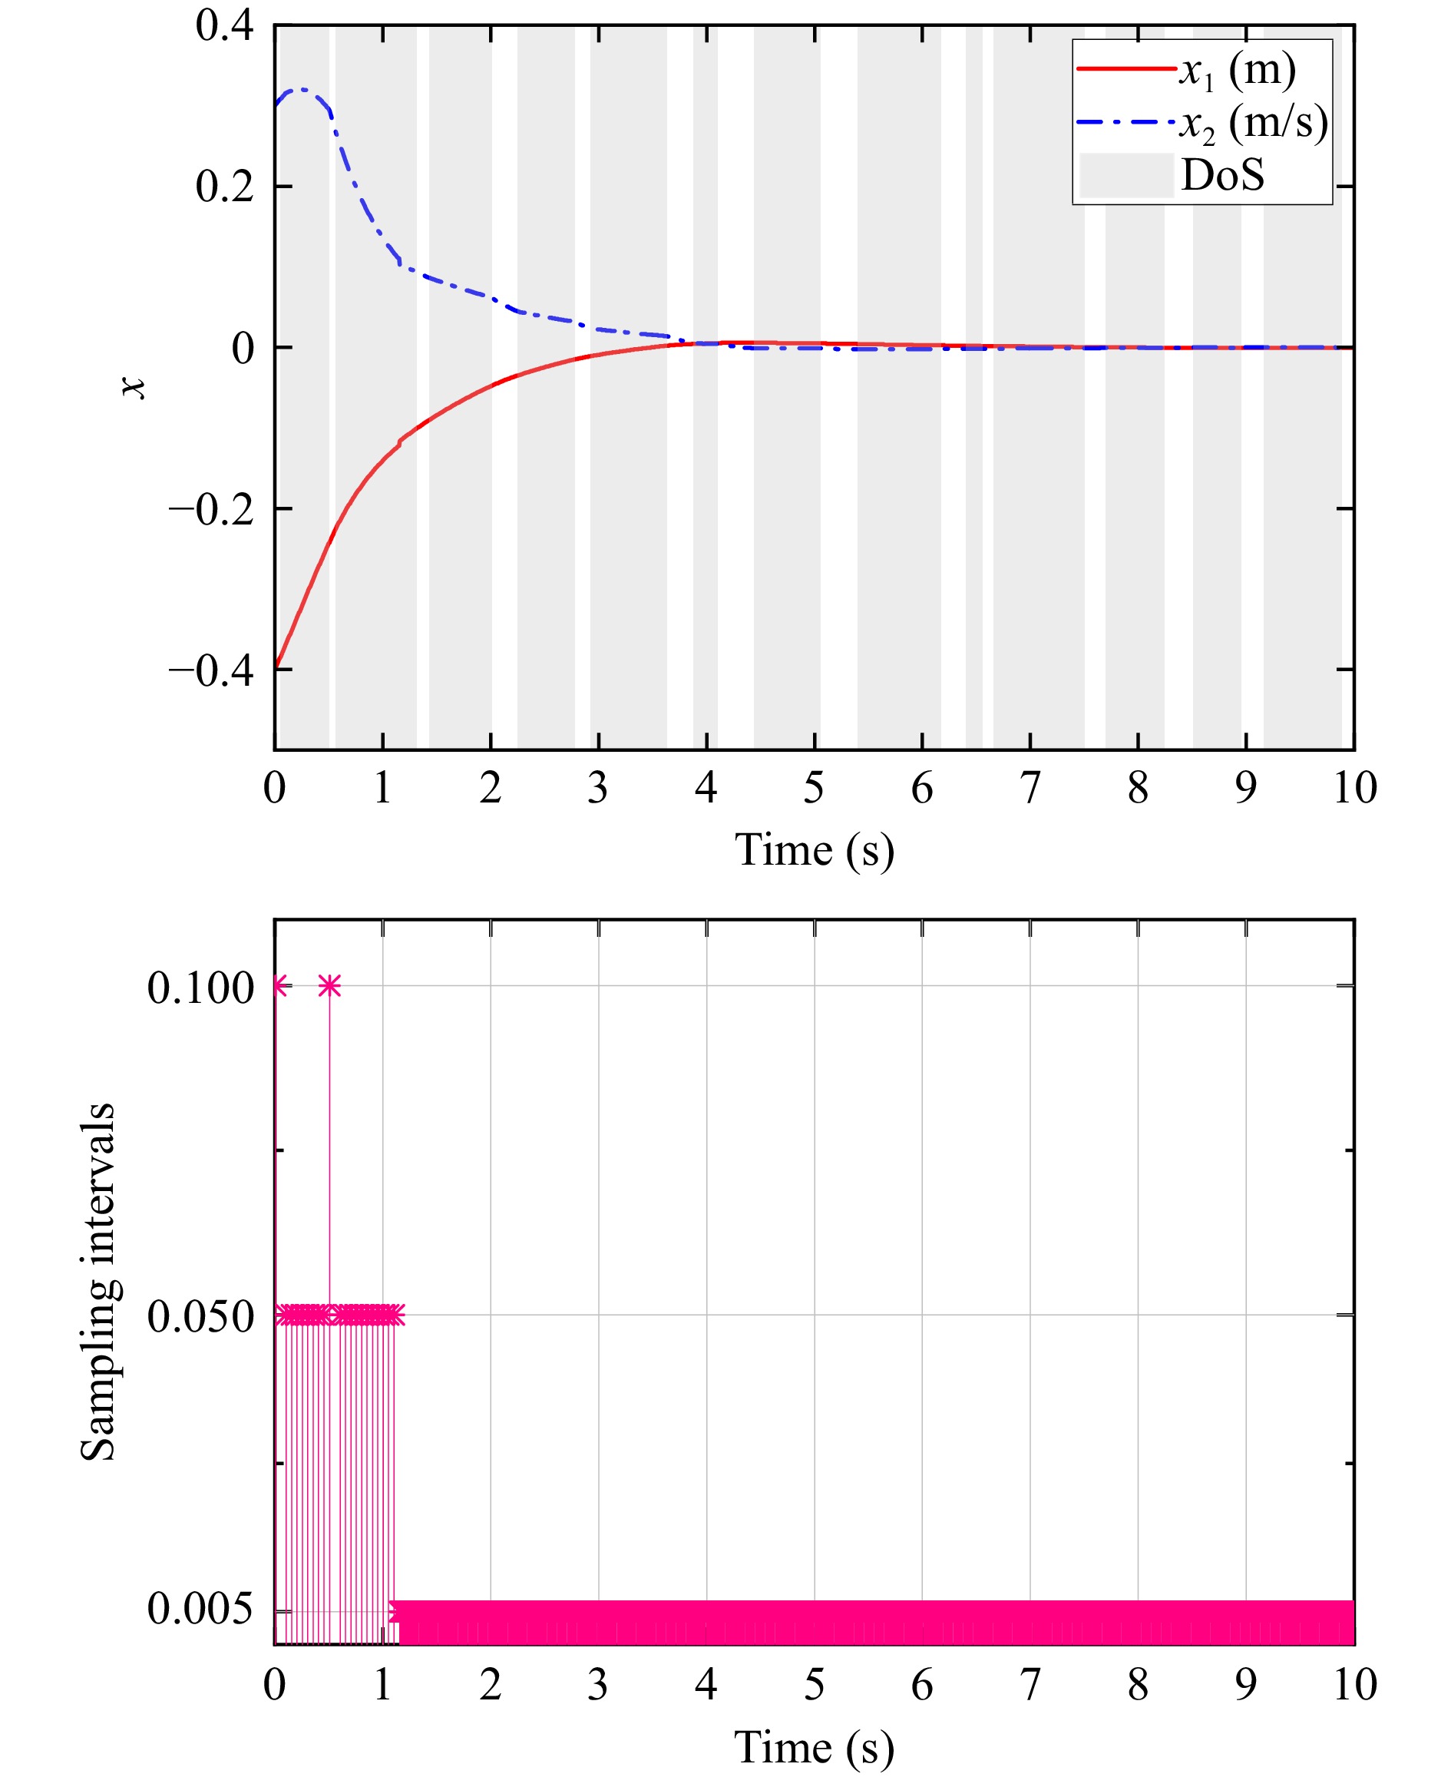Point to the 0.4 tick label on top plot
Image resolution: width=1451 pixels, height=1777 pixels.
point(225,26)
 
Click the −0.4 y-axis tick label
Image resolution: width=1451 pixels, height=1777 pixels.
point(211,670)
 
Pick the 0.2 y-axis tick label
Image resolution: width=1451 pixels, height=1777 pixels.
point(225,187)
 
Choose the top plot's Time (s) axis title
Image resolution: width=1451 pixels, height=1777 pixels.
point(814,850)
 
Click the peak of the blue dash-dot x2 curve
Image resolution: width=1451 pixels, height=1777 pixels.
point(301,89)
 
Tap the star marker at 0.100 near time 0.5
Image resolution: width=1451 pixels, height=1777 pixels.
point(329,986)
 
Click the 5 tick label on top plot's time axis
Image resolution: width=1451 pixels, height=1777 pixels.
point(814,787)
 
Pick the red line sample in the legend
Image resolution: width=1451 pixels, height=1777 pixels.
point(1125,68)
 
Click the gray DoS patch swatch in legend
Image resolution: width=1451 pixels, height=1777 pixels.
point(1125,176)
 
